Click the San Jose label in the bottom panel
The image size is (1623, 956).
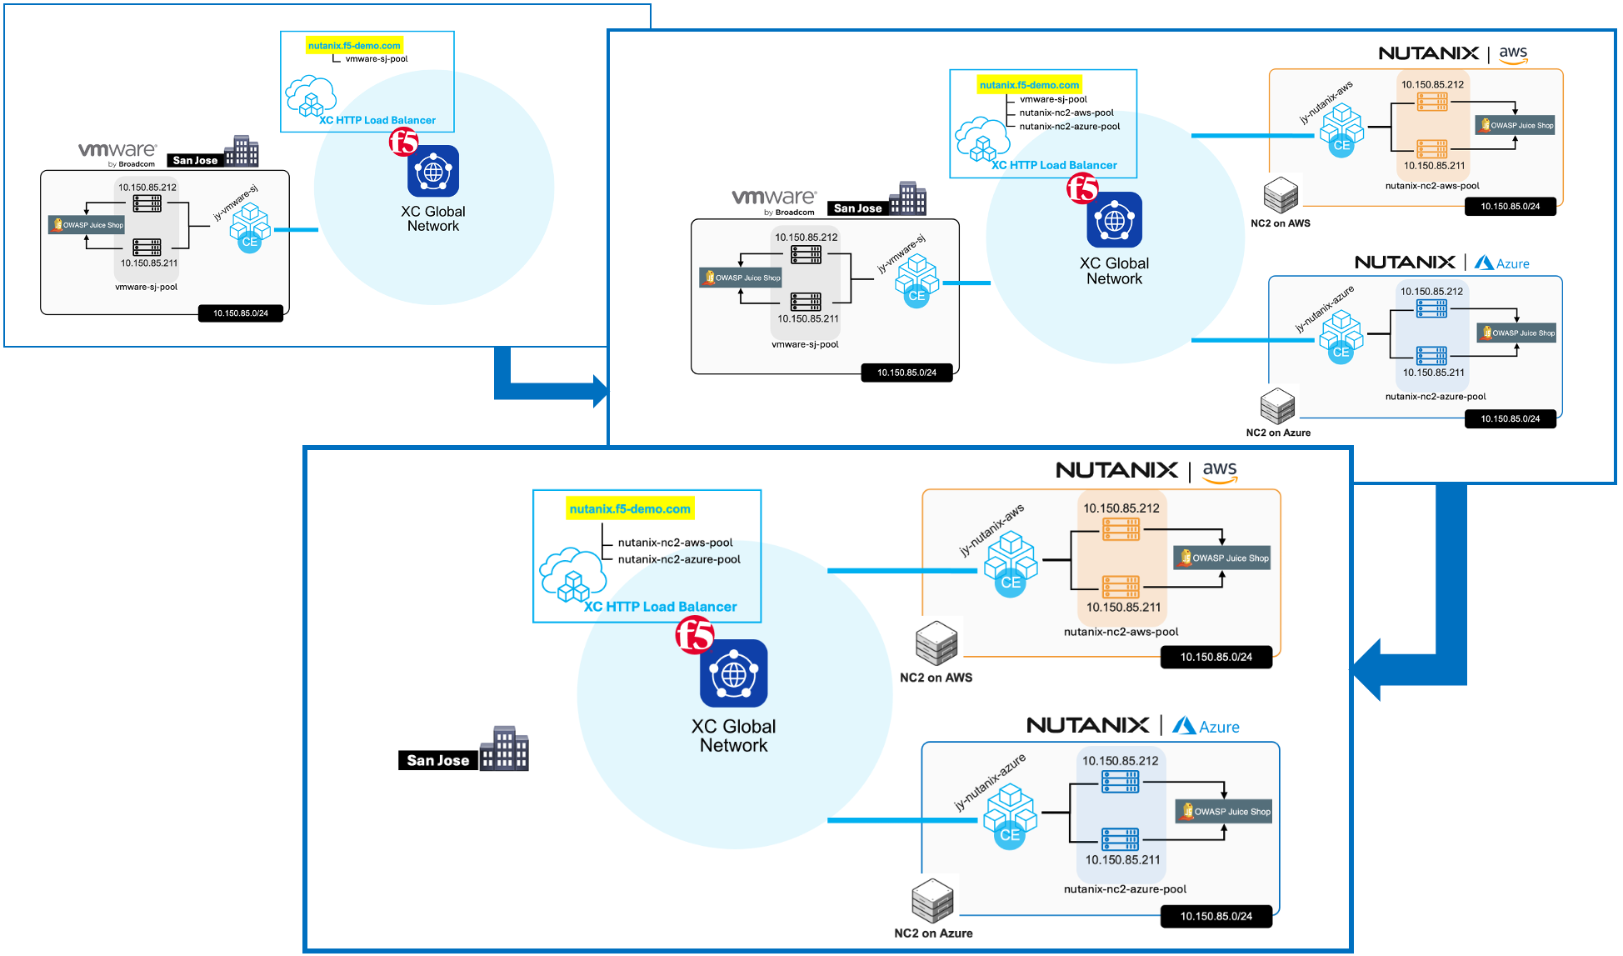[x=437, y=760]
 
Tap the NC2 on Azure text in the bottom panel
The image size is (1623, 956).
[x=933, y=933]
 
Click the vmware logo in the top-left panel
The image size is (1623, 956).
[x=117, y=151]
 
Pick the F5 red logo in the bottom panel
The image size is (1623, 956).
[x=694, y=636]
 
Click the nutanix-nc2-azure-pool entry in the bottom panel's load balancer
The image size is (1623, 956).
[x=678, y=559]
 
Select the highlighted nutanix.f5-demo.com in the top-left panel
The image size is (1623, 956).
[x=354, y=46]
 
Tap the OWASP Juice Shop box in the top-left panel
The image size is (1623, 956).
[x=87, y=225]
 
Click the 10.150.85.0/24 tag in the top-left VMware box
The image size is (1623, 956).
[x=240, y=313]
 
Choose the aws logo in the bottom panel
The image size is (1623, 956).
[x=1220, y=471]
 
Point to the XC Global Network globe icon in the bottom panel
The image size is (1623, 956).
[x=733, y=673]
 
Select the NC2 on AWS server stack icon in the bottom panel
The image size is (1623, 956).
[x=936, y=643]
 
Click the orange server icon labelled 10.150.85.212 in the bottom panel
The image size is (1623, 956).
[x=1121, y=528]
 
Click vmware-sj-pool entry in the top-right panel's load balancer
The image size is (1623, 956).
[x=1053, y=99]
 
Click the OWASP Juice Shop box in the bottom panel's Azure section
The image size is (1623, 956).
[x=1224, y=811]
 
